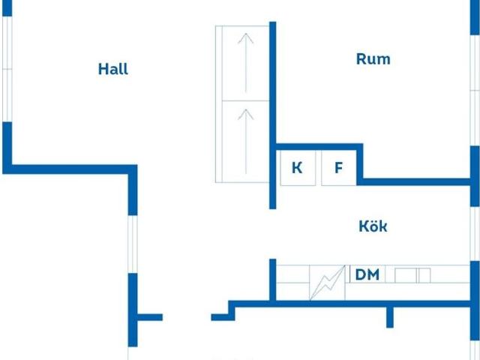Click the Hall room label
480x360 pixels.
(113, 69)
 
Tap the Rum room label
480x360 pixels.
(373, 59)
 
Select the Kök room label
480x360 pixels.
(373, 226)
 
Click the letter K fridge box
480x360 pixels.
(298, 168)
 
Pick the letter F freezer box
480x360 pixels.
(339, 168)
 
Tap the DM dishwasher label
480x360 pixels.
(367, 274)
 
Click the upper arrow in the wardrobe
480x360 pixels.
(246, 63)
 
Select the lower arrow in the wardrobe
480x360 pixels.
(246, 142)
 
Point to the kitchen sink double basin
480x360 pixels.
(412, 275)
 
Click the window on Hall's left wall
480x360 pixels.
(7, 69)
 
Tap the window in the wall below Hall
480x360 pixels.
(133, 244)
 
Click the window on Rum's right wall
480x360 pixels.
(475, 90)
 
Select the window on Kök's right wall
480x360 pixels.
(475, 233)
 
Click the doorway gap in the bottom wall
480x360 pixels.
(187, 317)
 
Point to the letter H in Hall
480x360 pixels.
(103, 69)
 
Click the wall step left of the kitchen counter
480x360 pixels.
(232, 310)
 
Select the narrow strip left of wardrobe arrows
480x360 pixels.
(218, 104)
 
